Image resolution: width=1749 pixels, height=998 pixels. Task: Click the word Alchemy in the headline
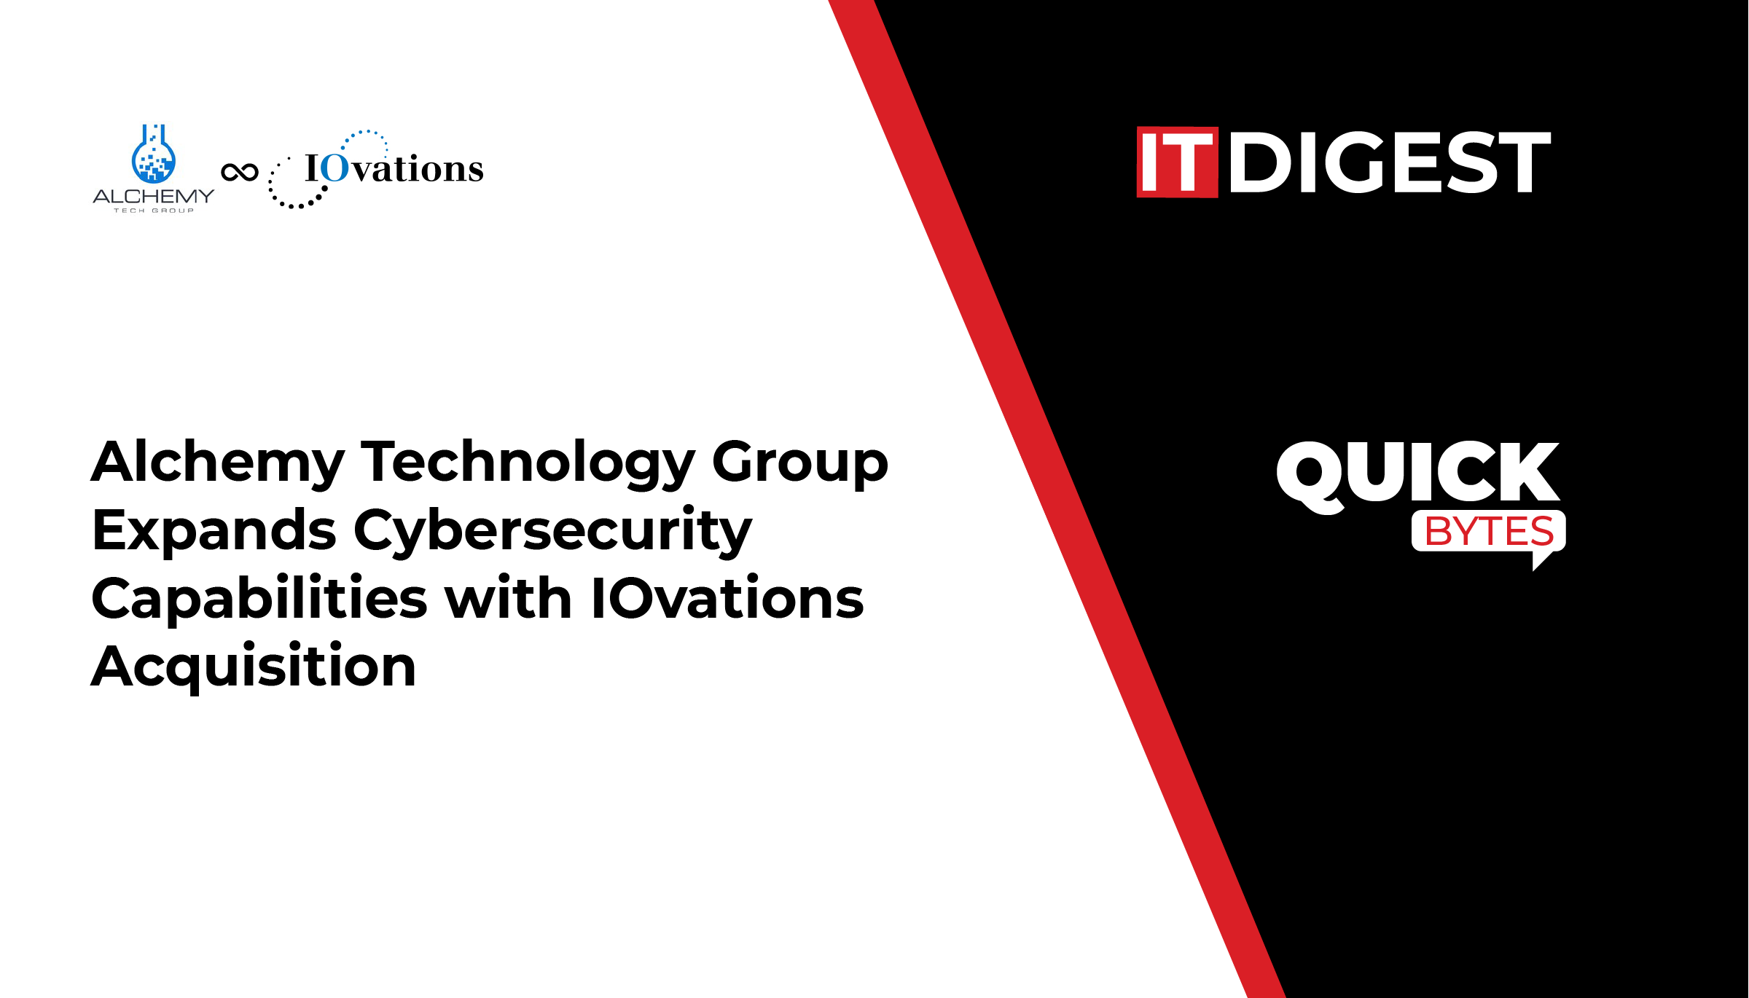217,463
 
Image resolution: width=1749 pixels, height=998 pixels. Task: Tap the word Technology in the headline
528,463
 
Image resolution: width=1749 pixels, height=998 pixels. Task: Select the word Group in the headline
800,463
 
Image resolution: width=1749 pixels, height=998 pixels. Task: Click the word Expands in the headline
214,531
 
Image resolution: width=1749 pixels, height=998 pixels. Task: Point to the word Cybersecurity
553,531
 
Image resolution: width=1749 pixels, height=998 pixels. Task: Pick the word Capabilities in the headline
259,598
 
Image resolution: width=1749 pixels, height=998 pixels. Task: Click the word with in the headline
509,598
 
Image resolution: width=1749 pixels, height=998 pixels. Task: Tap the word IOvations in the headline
727,598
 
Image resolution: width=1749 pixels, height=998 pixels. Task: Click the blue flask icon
153,154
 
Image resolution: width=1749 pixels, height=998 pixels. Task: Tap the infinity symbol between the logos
240,172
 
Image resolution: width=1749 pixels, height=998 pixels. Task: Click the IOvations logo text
394,168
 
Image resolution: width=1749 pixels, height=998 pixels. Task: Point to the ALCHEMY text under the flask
154,196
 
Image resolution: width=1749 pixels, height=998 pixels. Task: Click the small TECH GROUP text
154,211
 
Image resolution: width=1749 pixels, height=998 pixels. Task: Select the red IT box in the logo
1177,162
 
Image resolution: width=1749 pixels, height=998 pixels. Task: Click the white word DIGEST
1390,162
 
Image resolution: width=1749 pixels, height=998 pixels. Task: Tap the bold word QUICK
1418,474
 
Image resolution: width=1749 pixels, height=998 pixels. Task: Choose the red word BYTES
1489,531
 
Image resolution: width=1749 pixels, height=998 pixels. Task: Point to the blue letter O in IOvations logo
335,168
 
